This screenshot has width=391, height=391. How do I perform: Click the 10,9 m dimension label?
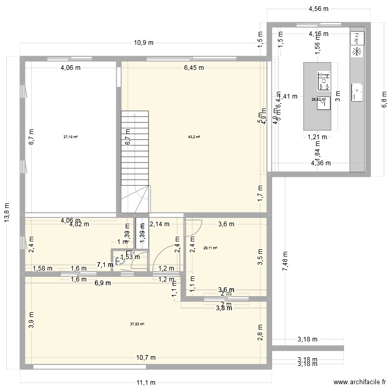pos(143,43)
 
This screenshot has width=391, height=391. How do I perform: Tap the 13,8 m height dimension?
pos(7,212)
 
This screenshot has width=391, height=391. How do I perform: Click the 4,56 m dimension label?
pos(318,9)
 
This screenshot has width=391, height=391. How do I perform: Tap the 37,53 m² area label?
pos(137,324)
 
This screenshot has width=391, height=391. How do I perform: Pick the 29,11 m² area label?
pos(210,248)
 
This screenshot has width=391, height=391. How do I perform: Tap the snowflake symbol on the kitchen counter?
pos(357,52)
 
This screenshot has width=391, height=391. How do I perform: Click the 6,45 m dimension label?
pos(193,67)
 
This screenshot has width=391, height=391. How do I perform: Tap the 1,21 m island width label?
pos(317,138)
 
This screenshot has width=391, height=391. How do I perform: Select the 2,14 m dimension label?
pos(160,225)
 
